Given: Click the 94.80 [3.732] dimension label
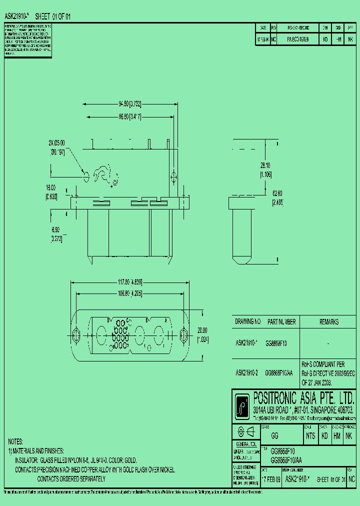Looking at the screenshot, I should [x=130, y=104].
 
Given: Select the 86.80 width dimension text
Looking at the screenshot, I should [x=130, y=116].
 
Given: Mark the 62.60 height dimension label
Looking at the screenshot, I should [x=278, y=199].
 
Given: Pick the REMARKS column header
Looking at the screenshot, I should [x=328, y=322].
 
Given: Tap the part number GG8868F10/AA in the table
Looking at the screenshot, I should [x=282, y=372].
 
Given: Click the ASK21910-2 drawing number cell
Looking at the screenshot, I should [x=247, y=372].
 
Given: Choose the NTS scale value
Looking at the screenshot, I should [x=310, y=436].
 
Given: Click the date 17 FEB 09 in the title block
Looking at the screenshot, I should [x=270, y=478].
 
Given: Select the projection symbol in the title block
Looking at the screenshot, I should [x=246, y=432].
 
